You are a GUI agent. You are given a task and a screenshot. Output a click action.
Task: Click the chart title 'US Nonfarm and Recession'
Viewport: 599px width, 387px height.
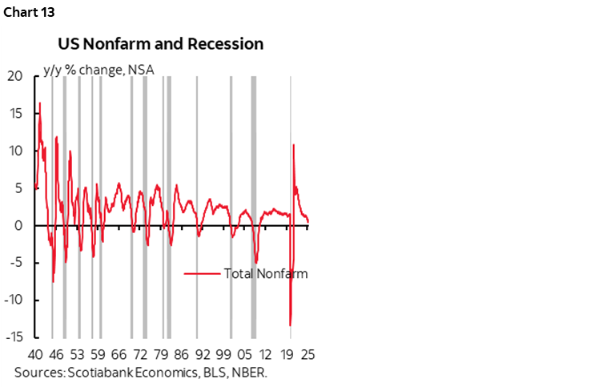pos(159,43)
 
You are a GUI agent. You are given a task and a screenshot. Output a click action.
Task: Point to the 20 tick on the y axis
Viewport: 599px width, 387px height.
pos(15,76)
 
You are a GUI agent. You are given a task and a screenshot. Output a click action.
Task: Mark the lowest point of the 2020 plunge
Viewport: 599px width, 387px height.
pos(290,325)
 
